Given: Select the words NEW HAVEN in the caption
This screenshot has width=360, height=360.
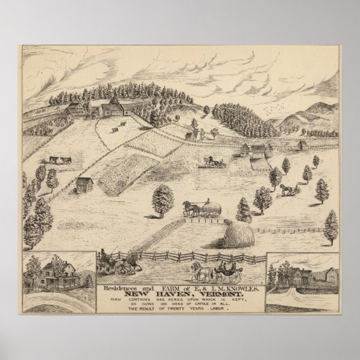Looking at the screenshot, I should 161,278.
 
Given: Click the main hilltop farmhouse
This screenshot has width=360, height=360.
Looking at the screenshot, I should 109,107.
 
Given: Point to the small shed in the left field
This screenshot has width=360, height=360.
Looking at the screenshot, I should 85,184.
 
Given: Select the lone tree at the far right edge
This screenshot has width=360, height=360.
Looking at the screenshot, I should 330,226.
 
